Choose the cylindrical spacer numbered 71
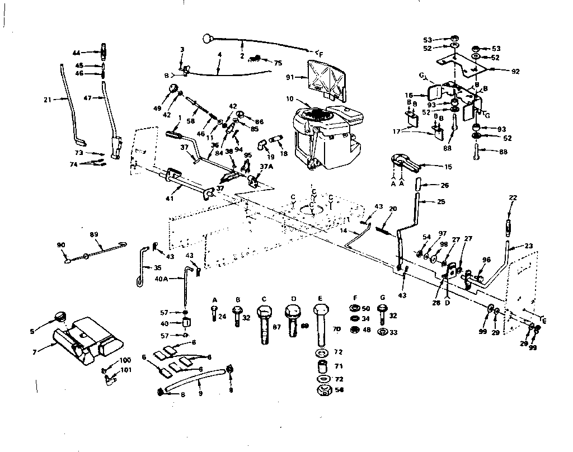323,368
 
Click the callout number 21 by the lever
47,100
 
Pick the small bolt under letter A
214,315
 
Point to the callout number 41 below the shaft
170,198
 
